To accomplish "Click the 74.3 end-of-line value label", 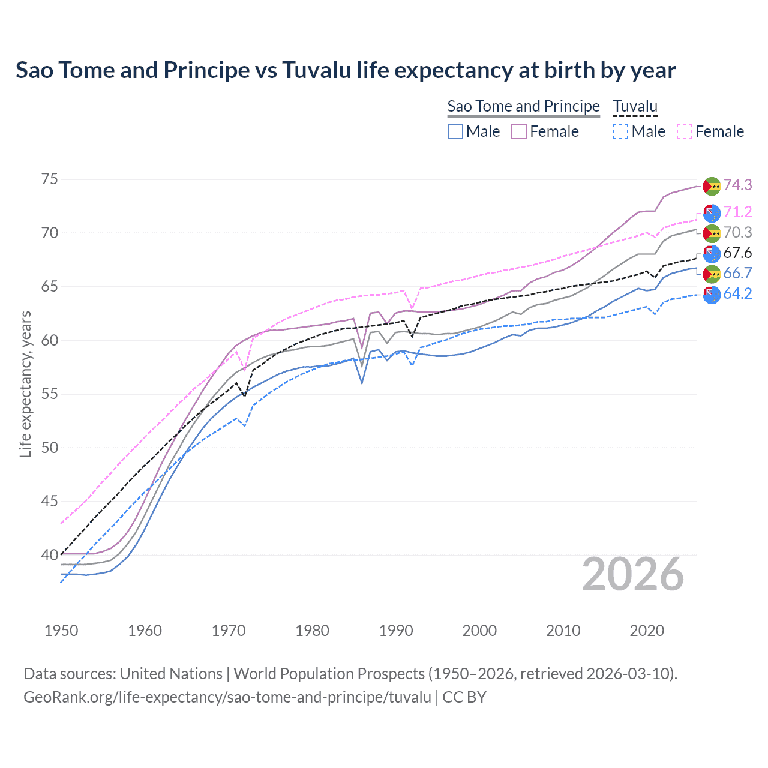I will point(737,185).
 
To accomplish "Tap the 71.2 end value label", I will point(737,212).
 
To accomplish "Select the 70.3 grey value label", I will point(737,232).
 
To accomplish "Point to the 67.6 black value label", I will point(737,253).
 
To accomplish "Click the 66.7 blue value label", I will point(737,273).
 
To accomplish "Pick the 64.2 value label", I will point(737,293).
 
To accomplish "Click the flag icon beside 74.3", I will point(712,186).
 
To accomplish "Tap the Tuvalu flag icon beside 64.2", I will point(712,295).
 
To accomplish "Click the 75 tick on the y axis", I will point(50,179).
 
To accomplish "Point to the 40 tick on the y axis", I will point(50,555).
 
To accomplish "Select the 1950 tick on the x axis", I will point(61,631).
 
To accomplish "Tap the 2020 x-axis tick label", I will point(647,631).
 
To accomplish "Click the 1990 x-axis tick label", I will point(396,631).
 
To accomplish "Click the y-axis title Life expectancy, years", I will point(25,384).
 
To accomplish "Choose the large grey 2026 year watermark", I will point(633,574).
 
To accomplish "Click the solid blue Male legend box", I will point(455,131).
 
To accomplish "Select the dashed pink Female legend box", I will point(685,131).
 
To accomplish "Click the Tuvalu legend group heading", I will point(635,106).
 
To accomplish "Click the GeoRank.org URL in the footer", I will point(227,697).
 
